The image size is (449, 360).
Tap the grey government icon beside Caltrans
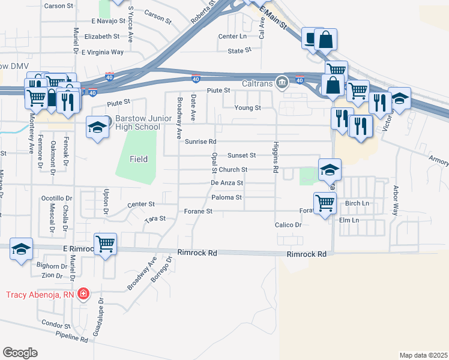(x=281, y=82)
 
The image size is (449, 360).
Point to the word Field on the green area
(x=139, y=159)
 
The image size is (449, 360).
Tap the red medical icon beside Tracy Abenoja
(x=83, y=294)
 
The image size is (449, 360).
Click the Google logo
(x=20, y=353)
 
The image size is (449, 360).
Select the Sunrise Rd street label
(x=200, y=142)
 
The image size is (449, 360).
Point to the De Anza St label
(x=227, y=183)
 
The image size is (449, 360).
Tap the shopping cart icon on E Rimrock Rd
(x=106, y=244)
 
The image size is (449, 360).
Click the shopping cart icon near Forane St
(x=325, y=203)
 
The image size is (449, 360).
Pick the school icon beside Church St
(x=330, y=170)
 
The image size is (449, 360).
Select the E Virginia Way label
(x=103, y=52)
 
